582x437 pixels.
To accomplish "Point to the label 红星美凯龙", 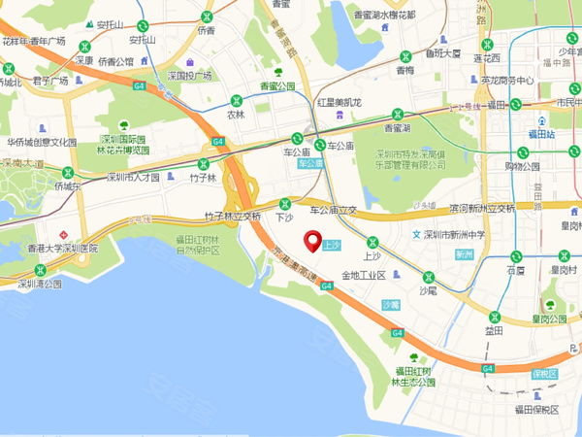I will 339,102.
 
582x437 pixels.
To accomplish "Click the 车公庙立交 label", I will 333,210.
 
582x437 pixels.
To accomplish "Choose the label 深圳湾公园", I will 39,285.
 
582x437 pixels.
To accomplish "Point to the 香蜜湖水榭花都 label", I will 384,16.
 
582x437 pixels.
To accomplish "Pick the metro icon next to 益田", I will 496,316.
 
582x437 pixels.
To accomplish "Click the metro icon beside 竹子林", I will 203,164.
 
